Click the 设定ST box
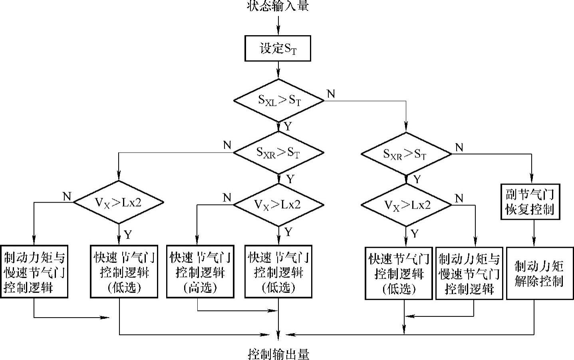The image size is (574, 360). coord(278,49)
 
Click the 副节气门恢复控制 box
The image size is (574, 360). coord(530,202)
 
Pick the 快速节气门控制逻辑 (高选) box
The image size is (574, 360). coord(200,272)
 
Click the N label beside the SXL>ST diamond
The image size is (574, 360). coord(331,94)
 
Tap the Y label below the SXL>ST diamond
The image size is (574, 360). coord(288,126)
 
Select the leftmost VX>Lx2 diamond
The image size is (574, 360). coord(119,202)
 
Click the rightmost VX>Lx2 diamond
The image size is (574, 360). coord(406,205)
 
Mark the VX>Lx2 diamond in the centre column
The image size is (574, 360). coord(278,204)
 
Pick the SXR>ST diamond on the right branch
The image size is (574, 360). coord(406,154)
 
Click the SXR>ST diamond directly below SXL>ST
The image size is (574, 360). coord(278,152)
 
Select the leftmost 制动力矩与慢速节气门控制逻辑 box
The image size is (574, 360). coord(34,272)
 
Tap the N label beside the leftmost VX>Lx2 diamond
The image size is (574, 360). coord(67,196)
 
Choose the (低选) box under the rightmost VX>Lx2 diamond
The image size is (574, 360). coord(399,273)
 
